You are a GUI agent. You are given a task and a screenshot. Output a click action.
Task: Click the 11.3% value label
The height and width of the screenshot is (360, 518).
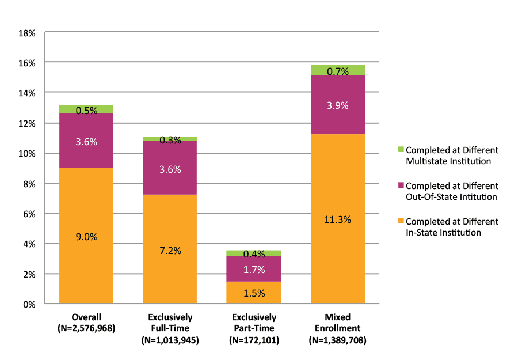(338, 219)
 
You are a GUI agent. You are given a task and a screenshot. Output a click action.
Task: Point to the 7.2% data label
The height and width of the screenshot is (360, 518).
(170, 251)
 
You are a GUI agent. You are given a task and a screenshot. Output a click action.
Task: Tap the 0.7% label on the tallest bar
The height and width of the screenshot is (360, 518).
(338, 72)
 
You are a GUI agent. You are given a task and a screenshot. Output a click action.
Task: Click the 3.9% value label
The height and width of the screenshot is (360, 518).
(338, 105)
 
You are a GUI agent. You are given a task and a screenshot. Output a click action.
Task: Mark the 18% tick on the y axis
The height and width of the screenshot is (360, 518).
(26, 33)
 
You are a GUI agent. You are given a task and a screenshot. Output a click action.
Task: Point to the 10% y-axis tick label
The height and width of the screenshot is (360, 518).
(26, 154)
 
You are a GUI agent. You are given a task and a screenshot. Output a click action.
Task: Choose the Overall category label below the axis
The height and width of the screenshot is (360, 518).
(86, 317)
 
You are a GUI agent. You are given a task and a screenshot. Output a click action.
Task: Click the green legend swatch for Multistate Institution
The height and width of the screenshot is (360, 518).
(401, 150)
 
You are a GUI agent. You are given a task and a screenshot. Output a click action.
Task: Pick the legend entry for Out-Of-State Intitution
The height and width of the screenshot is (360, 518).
(451, 191)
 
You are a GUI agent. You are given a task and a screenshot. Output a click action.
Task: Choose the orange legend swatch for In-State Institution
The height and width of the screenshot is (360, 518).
(401, 222)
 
